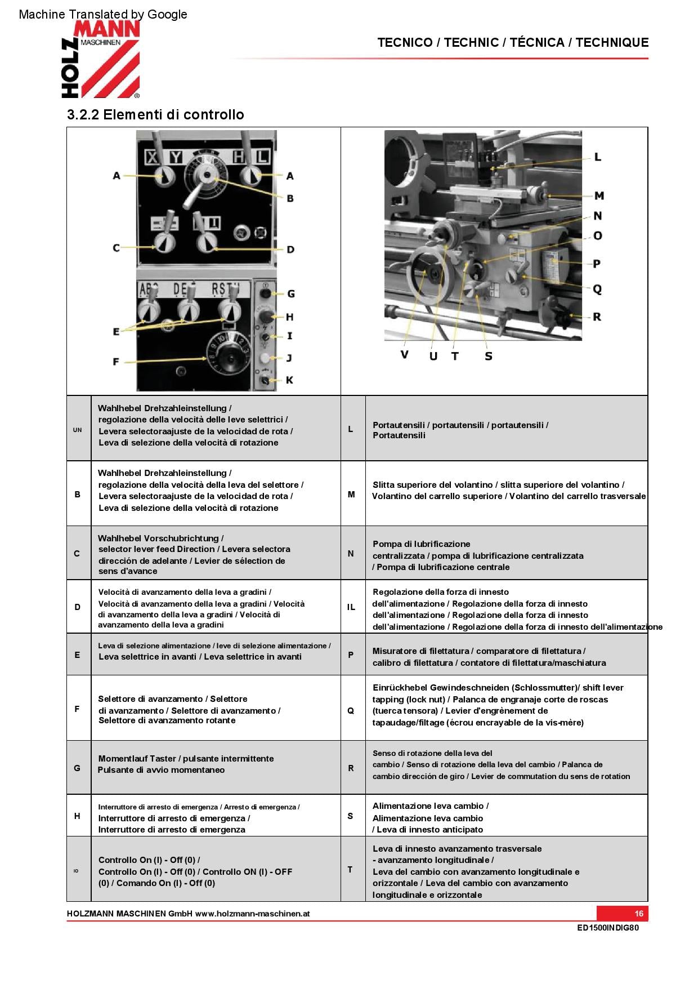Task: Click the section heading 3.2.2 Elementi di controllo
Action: click(x=155, y=115)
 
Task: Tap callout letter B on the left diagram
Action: click(x=290, y=198)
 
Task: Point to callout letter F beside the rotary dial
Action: click(x=116, y=361)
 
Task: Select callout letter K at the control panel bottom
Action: click(x=289, y=380)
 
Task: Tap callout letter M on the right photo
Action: click(x=599, y=196)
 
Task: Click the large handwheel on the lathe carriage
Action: click(x=432, y=273)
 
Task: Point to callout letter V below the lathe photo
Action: click(x=404, y=355)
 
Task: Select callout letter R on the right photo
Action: click(x=597, y=317)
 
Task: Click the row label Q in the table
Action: click(x=351, y=711)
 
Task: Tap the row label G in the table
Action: click(x=77, y=768)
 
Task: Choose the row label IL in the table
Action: click(x=351, y=607)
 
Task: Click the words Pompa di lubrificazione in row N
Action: click(x=421, y=544)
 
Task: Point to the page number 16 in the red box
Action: click(x=639, y=914)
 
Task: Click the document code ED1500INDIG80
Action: click(x=608, y=928)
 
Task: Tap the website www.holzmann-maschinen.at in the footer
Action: click(x=253, y=914)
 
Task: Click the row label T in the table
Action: click(x=350, y=870)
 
